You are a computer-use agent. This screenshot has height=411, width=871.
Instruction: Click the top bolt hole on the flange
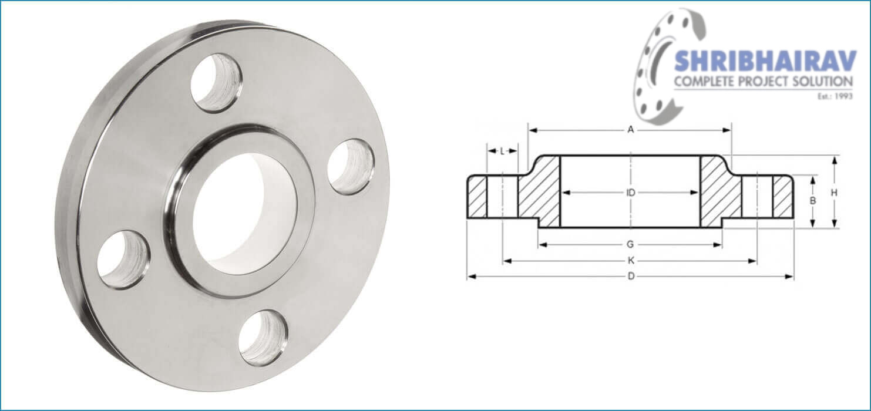(x=216, y=82)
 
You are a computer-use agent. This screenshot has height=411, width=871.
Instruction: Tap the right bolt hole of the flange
(x=351, y=167)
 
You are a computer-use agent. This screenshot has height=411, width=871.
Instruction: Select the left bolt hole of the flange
(x=123, y=259)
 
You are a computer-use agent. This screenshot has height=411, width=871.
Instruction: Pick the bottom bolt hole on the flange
(x=263, y=337)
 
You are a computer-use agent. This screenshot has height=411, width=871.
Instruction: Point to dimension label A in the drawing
(x=631, y=130)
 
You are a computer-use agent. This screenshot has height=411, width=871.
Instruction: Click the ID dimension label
(x=631, y=192)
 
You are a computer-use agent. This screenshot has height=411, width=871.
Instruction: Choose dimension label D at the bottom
(x=631, y=277)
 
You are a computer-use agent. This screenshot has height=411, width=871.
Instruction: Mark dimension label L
(x=502, y=151)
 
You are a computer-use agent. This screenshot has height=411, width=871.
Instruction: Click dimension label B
(x=813, y=200)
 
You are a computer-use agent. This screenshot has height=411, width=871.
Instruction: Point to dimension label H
(x=834, y=192)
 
